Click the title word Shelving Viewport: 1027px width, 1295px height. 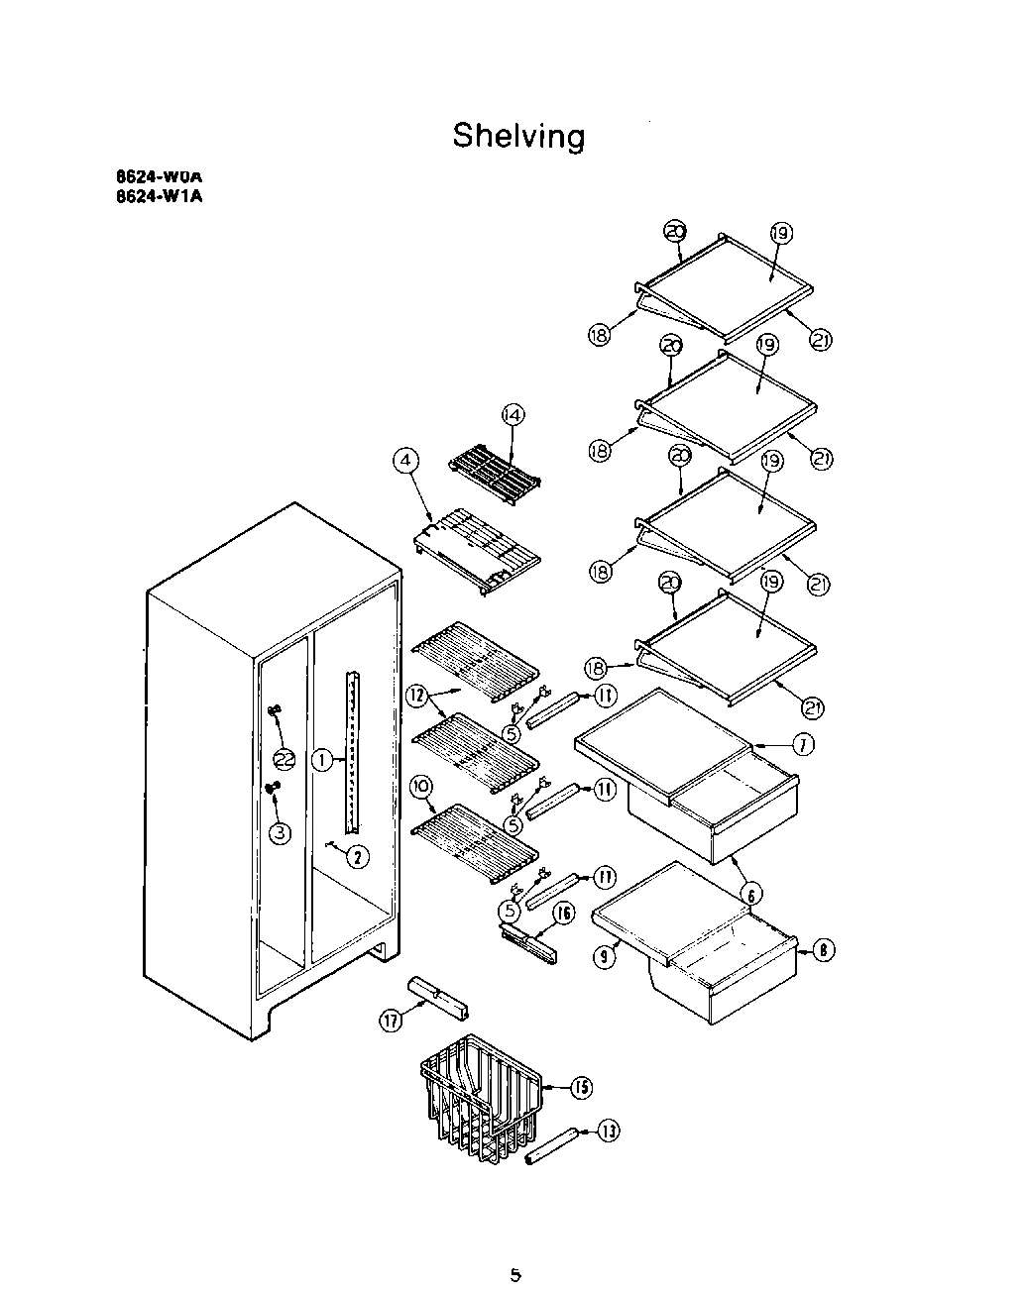(x=518, y=135)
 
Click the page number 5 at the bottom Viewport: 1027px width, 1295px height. (x=515, y=1274)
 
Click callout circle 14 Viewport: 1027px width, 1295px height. (x=513, y=416)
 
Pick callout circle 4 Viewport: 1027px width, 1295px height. (x=406, y=460)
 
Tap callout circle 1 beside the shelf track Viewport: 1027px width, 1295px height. (x=323, y=760)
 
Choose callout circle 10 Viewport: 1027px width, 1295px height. (x=421, y=786)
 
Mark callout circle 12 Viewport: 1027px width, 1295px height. (x=416, y=697)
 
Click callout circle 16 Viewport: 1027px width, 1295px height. (x=562, y=914)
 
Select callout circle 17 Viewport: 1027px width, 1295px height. (x=393, y=1022)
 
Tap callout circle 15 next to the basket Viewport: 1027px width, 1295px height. (x=580, y=1088)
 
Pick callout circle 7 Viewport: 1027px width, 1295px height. (x=801, y=744)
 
